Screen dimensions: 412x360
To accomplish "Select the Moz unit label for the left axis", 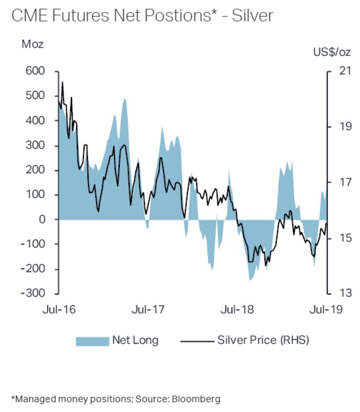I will (x=32, y=44).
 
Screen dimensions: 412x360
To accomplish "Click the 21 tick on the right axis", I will (x=345, y=71).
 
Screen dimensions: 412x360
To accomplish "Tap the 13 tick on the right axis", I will (x=345, y=293).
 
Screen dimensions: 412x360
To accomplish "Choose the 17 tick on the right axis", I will (x=345, y=182).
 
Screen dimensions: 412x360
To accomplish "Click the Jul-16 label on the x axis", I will (x=58, y=309).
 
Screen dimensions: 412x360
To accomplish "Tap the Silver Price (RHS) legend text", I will (x=263, y=340).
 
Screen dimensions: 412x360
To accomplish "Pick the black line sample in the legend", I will (x=196, y=341).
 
